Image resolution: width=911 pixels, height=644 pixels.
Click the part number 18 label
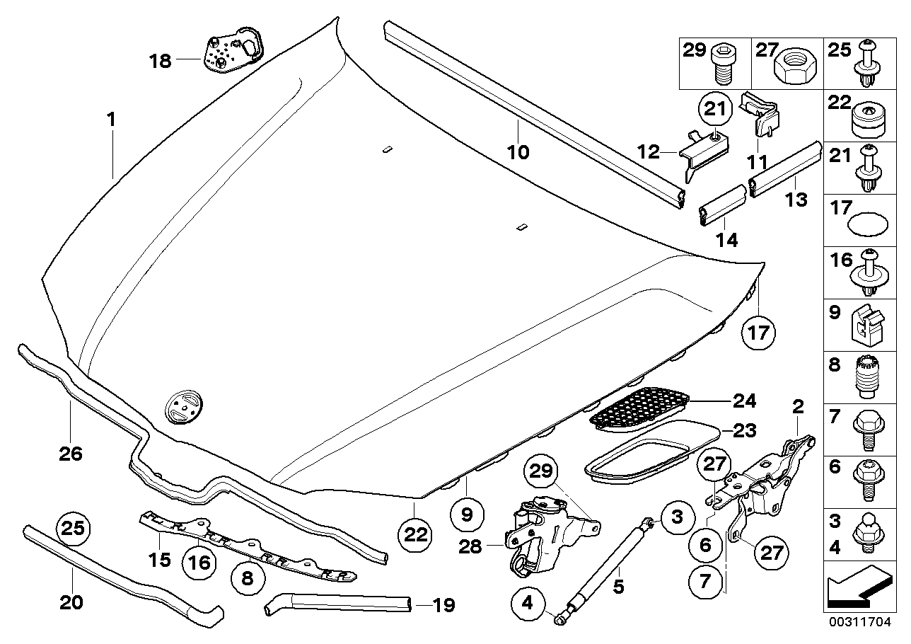(x=161, y=61)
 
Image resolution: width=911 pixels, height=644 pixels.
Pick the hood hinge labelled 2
(x=765, y=481)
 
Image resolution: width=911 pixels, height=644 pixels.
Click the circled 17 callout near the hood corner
(x=758, y=333)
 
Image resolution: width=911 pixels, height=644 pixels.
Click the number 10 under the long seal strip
(x=518, y=151)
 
